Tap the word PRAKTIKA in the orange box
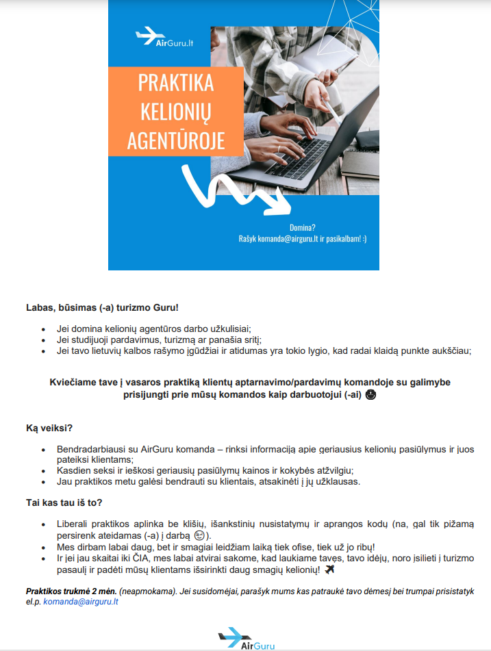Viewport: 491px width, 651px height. [x=176, y=83]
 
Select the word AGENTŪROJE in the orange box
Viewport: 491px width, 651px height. [x=176, y=141]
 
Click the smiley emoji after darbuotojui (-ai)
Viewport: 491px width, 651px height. [x=371, y=395]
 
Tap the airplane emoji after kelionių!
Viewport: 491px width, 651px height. [x=329, y=570]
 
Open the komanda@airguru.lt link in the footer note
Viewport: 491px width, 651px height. [x=81, y=602]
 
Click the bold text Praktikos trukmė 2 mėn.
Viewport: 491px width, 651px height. [x=71, y=590]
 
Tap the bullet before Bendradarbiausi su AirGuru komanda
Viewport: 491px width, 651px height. [x=45, y=449]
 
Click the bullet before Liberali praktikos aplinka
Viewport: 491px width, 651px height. [x=45, y=524]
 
